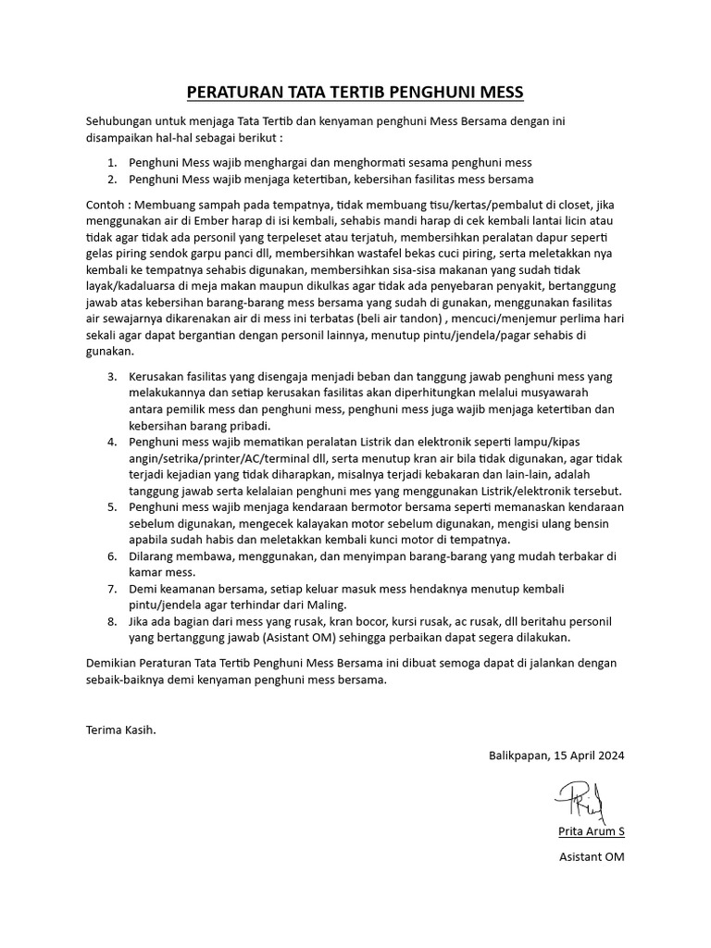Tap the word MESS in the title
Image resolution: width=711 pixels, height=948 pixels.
[x=501, y=92]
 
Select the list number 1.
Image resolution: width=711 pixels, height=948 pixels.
[x=111, y=161]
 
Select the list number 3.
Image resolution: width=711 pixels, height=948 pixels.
[x=111, y=377]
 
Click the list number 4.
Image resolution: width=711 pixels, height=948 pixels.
[x=111, y=441]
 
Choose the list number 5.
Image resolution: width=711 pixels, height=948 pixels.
[x=111, y=507]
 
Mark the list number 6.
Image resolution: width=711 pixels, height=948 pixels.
[x=111, y=556]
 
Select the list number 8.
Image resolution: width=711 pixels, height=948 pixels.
[x=111, y=621]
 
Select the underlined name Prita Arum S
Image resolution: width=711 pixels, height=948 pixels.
[x=591, y=831]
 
